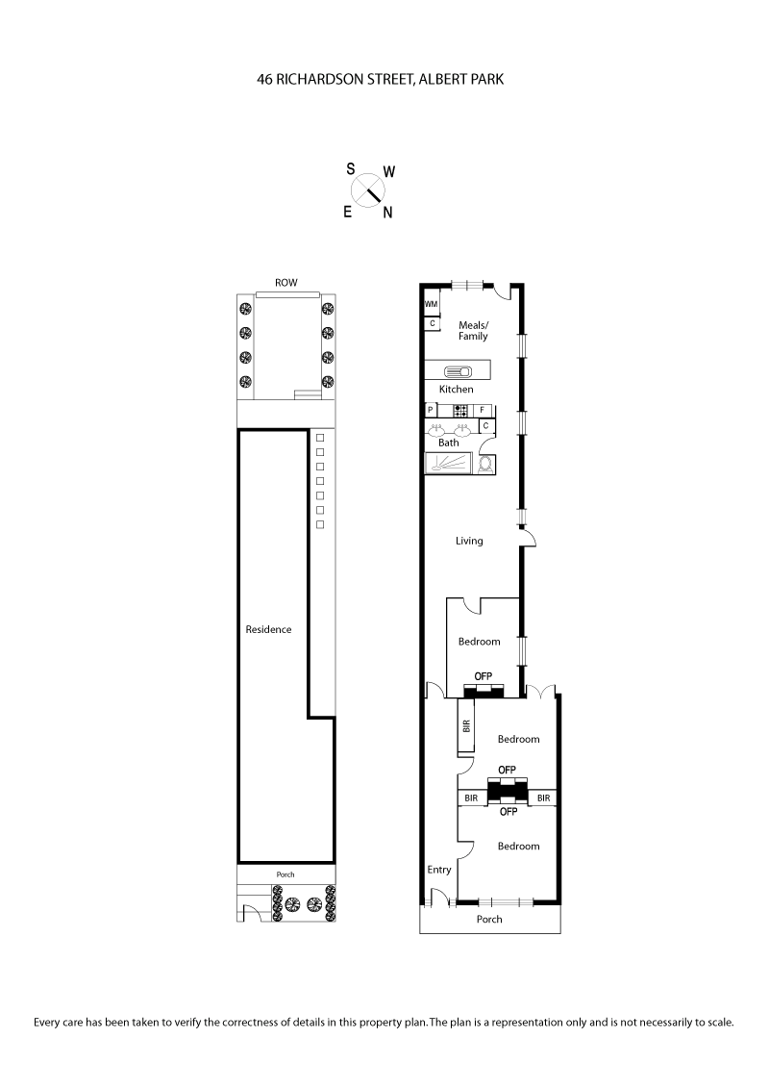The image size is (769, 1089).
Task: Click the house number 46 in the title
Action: pyautogui.click(x=264, y=82)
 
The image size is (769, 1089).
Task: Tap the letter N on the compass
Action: pyautogui.click(x=387, y=214)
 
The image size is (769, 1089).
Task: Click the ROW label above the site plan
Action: pyautogui.click(x=285, y=283)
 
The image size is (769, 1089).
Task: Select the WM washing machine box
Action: pyautogui.click(x=431, y=305)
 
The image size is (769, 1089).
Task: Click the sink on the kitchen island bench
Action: pyautogui.click(x=457, y=371)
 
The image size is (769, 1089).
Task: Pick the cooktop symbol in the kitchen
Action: pyautogui.click(x=460, y=410)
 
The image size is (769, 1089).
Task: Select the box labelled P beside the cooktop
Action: pyautogui.click(x=431, y=410)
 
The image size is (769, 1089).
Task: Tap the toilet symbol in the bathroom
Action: pyautogui.click(x=485, y=463)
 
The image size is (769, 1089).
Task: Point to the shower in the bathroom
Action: pyautogui.click(x=450, y=463)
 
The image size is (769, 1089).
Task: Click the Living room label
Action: pyautogui.click(x=469, y=541)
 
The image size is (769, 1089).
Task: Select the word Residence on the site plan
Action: pyautogui.click(x=268, y=629)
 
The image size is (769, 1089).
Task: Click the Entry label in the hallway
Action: pyautogui.click(x=438, y=870)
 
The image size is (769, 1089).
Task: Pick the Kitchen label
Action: pyautogui.click(x=457, y=390)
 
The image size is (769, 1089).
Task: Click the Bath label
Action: pyautogui.click(x=449, y=443)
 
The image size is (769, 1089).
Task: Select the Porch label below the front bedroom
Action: pyautogui.click(x=489, y=919)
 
